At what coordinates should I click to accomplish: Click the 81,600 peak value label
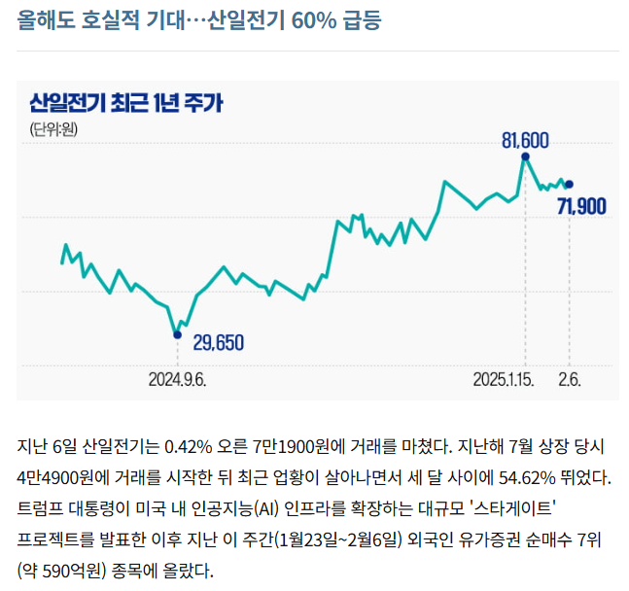click(x=525, y=140)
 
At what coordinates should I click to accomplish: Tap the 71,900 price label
click(x=582, y=205)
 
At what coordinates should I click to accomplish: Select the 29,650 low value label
click(x=219, y=342)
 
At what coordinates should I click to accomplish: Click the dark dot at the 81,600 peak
click(x=526, y=156)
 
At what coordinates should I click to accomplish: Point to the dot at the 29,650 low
click(x=177, y=334)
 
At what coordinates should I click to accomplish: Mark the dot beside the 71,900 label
click(x=569, y=184)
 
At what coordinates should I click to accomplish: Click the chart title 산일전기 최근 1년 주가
click(x=126, y=101)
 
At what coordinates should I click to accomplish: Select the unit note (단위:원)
click(x=52, y=130)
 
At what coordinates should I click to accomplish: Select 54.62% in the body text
click(x=533, y=477)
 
